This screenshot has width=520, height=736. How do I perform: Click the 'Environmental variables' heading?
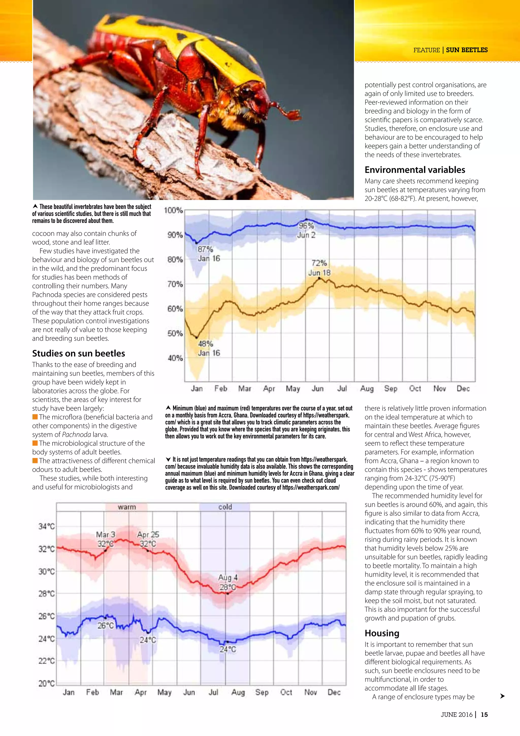(x=415, y=170)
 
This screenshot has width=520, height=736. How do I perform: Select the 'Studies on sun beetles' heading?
(x=78, y=353)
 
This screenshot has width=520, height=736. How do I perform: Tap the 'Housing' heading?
(x=382, y=633)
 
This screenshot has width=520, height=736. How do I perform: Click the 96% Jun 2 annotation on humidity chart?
(x=306, y=230)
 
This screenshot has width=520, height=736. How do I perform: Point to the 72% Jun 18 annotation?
(x=319, y=268)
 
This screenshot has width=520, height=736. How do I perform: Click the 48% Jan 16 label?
(x=208, y=348)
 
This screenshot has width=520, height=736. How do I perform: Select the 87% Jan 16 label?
(x=208, y=254)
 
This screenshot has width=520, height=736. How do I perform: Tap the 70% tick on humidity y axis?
(x=175, y=284)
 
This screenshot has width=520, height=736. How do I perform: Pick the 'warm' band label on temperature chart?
(x=127, y=507)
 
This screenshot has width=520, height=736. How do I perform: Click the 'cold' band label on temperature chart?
(x=225, y=507)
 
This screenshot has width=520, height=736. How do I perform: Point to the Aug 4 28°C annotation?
(x=228, y=582)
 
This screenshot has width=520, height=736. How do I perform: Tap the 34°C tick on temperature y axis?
(x=47, y=526)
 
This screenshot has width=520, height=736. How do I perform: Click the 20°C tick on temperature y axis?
(x=47, y=683)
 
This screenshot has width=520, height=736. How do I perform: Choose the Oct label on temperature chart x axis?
(x=286, y=692)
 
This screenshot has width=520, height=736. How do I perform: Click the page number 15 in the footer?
(x=484, y=714)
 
